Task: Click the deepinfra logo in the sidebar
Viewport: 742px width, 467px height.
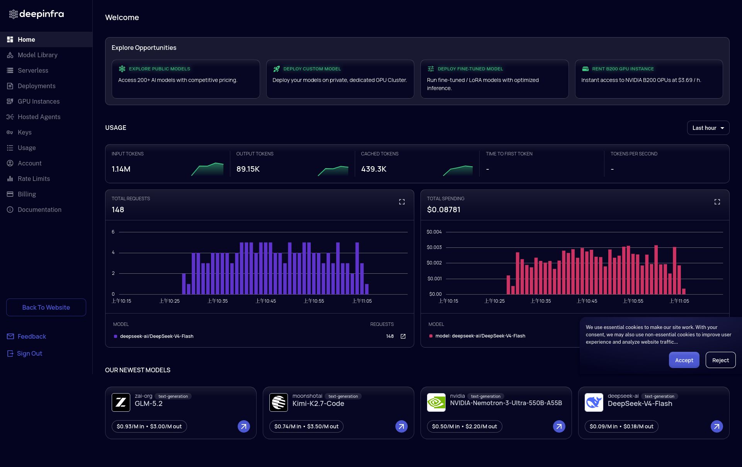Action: (36, 14)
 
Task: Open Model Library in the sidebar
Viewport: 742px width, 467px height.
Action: (37, 55)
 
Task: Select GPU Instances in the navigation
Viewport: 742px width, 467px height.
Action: (39, 101)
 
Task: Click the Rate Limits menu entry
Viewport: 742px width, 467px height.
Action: (34, 179)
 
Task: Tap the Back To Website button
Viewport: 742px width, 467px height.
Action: (46, 307)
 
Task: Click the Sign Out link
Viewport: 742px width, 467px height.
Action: (29, 353)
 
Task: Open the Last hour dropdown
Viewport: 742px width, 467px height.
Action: (708, 128)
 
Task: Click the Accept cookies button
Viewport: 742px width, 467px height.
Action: (684, 360)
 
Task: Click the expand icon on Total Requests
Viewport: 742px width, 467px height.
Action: (402, 202)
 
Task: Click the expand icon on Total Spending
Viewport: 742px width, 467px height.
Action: (717, 202)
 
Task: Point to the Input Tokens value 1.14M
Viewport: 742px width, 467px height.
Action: (121, 169)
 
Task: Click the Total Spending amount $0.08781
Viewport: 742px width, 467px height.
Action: (444, 210)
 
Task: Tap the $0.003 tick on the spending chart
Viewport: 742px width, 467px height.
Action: (434, 247)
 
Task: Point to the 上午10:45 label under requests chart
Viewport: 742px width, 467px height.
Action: (266, 301)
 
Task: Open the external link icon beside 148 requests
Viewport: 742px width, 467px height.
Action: (403, 336)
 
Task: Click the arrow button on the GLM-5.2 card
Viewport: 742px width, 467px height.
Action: (244, 426)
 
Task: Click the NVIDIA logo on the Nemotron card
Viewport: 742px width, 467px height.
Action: (436, 402)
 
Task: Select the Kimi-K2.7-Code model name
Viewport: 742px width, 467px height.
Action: (318, 404)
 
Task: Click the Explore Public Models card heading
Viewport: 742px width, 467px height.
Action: (160, 69)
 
